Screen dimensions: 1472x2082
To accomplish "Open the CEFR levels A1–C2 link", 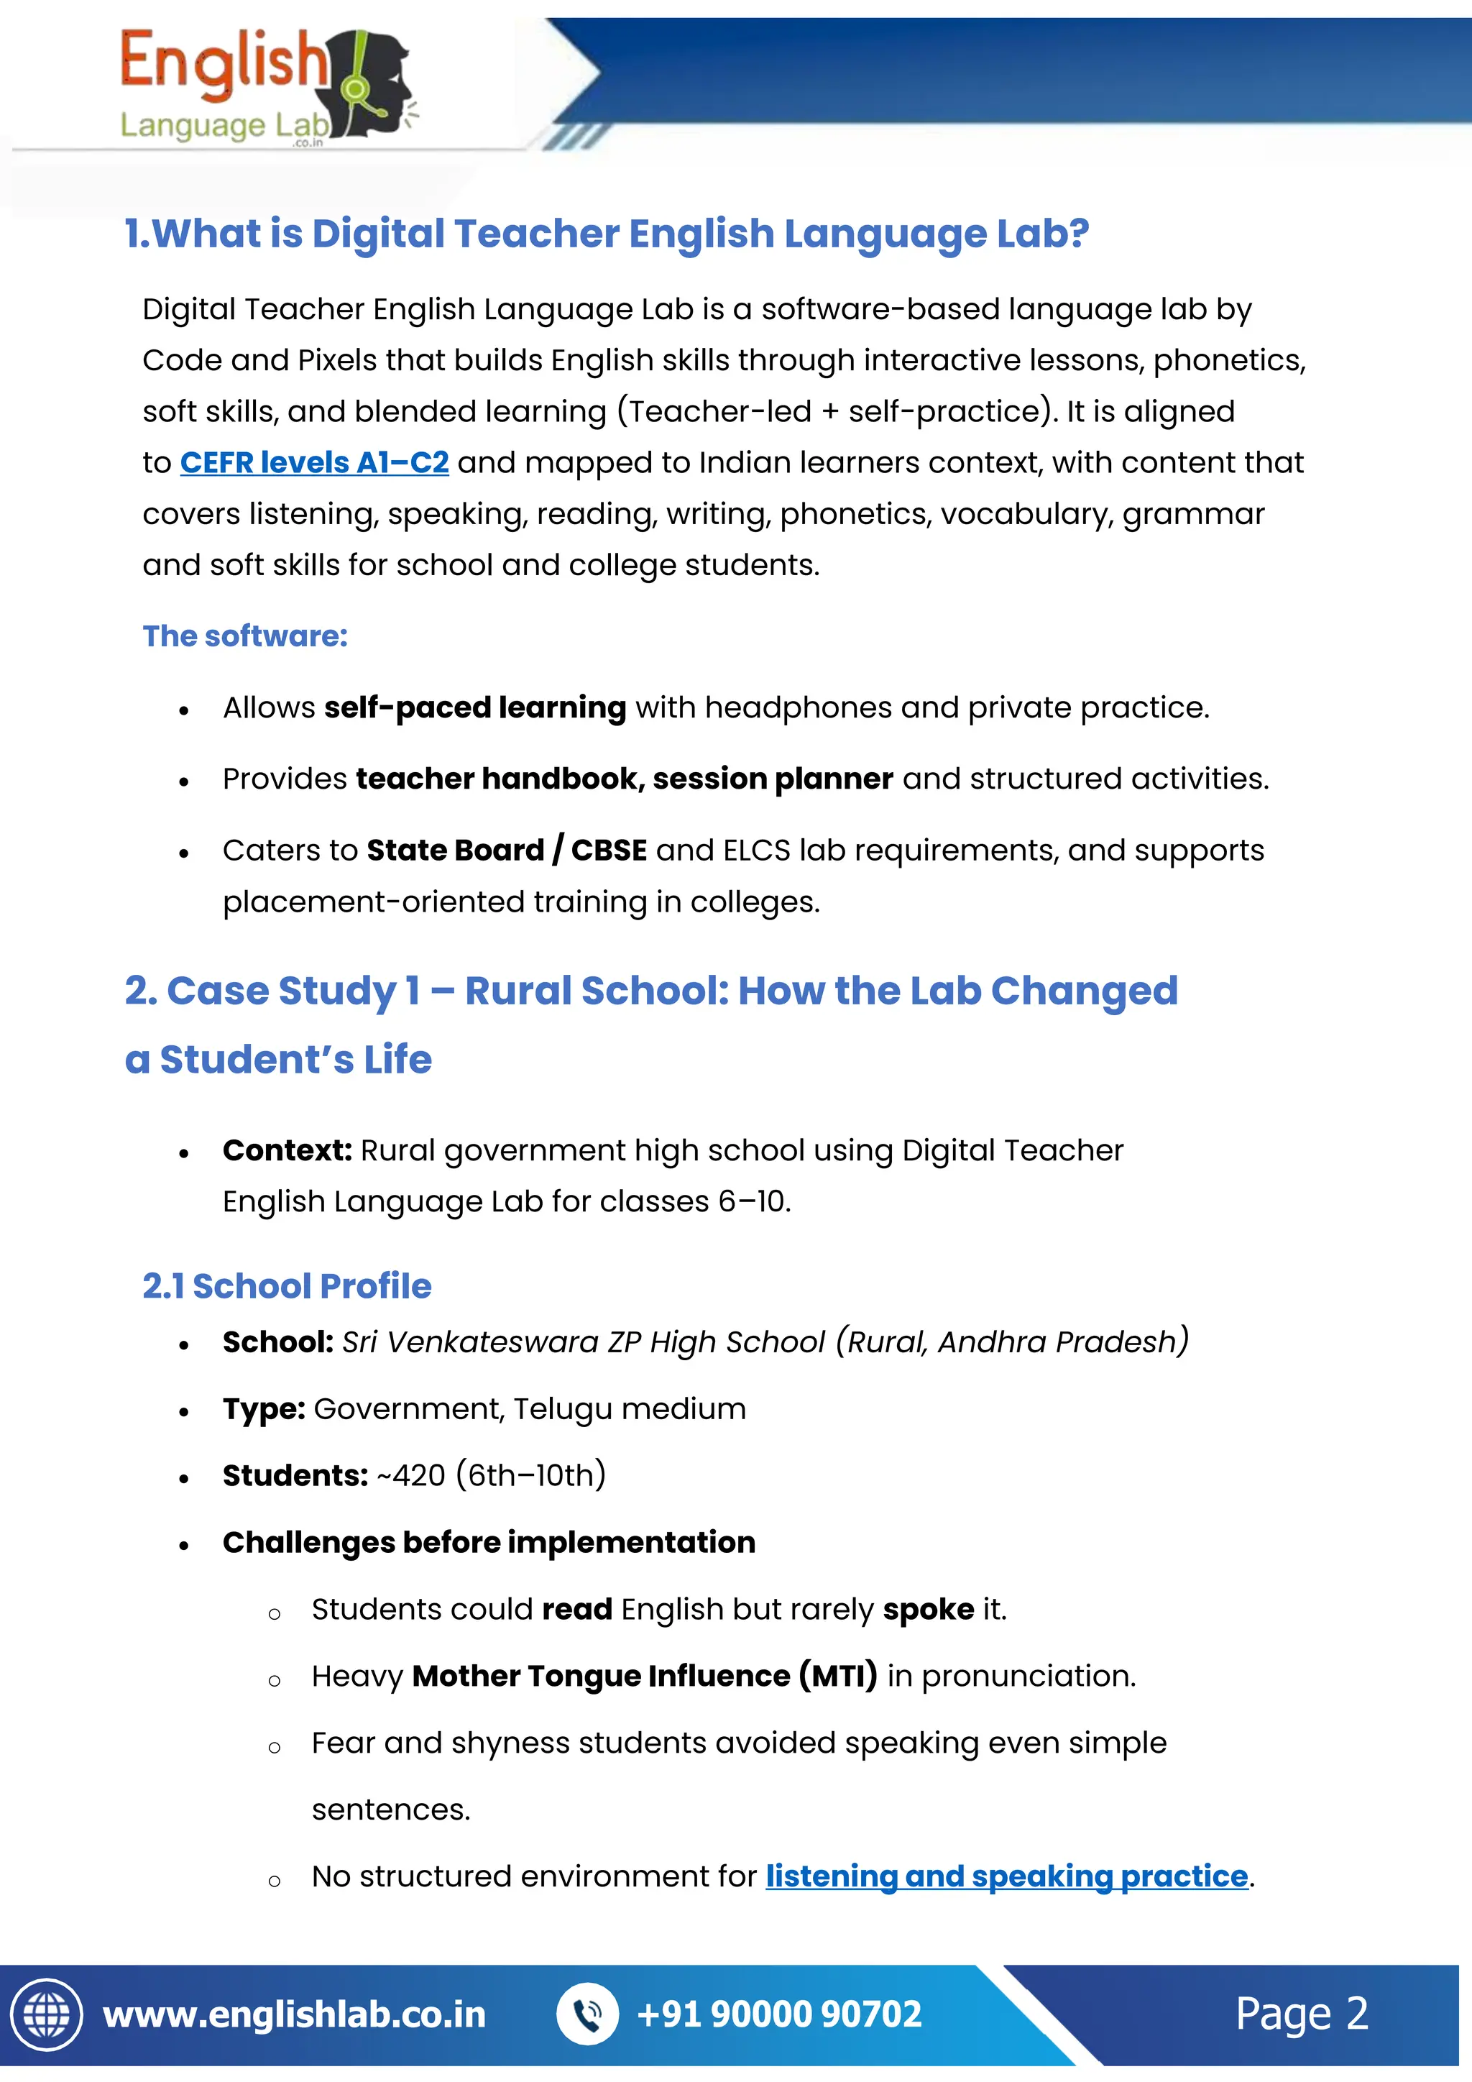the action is coord(313,462).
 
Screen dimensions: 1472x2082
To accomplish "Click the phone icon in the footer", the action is coord(587,2014).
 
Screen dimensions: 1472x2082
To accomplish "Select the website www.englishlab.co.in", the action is coord(295,2014).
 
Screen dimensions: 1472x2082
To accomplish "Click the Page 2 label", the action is coord(1301,2014).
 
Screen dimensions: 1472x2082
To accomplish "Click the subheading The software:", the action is coord(244,636).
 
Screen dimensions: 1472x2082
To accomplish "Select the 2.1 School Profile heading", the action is coord(287,1286).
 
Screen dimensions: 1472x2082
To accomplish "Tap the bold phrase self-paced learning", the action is coord(475,707).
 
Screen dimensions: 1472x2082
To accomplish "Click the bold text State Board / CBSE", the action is coord(506,850).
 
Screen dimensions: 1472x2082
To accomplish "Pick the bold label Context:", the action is coord(287,1150).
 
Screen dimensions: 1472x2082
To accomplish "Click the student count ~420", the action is coord(412,1475).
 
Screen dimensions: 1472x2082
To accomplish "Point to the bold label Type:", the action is coord(264,1409).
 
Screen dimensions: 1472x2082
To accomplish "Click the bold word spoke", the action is coord(928,1610).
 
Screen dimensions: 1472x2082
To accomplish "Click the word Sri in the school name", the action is coord(359,1342).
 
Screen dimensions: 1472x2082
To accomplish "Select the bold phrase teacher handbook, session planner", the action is coord(625,779).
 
